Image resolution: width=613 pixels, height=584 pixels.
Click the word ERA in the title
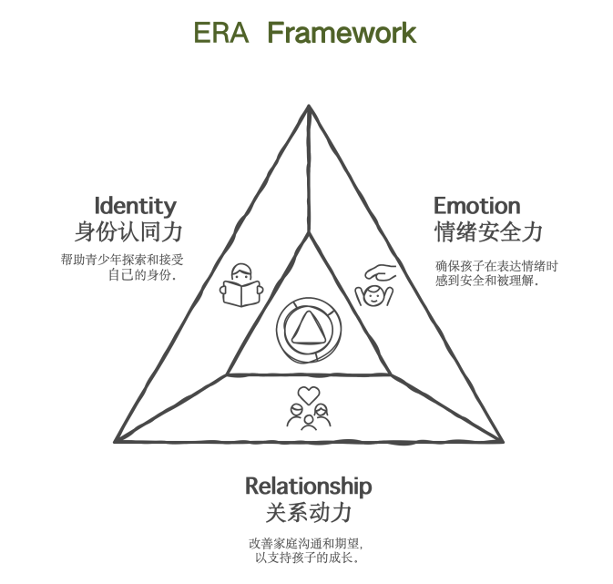coord(221,33)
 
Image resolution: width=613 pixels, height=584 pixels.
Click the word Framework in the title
coord(342,33)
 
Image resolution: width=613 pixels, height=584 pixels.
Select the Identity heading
coord(135,205)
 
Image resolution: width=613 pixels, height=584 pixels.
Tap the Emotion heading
coord(476,205)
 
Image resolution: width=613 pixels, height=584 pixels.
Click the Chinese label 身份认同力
coord(128,231)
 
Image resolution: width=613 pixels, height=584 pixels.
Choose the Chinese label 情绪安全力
coord(488,231)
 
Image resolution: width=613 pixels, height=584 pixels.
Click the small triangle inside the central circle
coord(308,328)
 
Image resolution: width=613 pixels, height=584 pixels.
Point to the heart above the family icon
coord(309,395)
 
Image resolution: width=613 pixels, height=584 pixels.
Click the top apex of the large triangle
coord(309,108)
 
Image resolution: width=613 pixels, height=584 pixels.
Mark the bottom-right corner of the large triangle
coord(501,441)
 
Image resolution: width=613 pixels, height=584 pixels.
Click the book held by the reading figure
coord(241,294)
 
